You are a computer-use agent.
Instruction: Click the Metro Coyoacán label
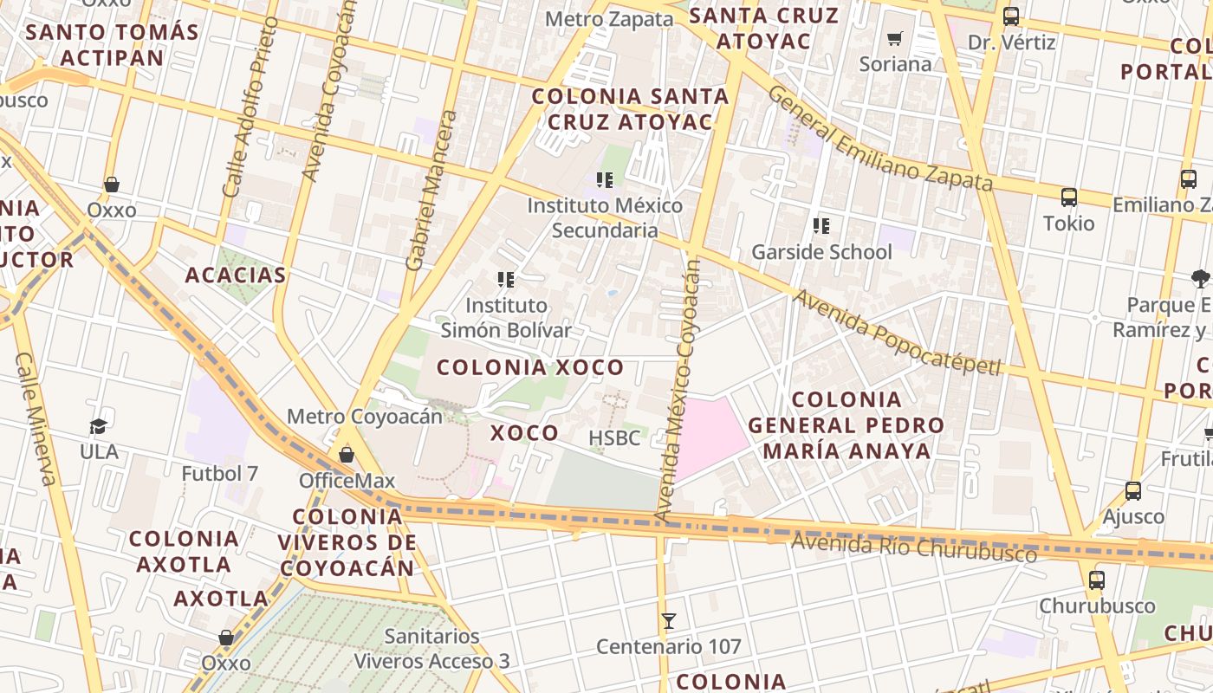pos(364,417)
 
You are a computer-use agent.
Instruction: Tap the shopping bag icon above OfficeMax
pos(347,455)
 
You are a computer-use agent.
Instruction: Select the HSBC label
pos(614,438)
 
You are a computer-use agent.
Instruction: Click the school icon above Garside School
pos(821,227)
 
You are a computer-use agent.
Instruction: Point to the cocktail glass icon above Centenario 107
pos(668,621)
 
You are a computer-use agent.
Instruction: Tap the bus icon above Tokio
pos(1068,198)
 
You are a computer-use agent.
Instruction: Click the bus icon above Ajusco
pos(1132,491)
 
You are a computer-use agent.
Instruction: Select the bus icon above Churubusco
pos(1097,580)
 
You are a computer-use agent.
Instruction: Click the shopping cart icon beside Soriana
pos(895,39)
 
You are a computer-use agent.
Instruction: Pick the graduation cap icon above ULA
pos(98,426)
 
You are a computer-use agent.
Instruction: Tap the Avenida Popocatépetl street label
pos(897,334)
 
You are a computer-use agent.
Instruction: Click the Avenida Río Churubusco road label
pos(914,548)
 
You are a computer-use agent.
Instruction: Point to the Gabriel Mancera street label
pos(431,191)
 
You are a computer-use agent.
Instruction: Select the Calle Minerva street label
pos(36,418)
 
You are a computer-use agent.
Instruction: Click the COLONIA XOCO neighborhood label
pos(530,367)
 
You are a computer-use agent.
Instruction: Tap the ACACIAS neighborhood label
pos(236,275)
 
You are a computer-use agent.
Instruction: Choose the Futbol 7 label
pos(220,474)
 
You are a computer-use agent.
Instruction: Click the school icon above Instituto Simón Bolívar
pos(506,280)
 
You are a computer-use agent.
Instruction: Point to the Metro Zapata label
pos(609,19)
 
